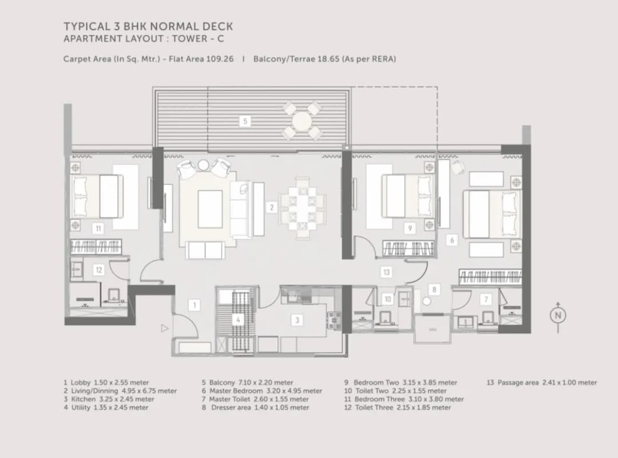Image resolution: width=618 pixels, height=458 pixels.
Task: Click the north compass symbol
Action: click(x=558, y=315)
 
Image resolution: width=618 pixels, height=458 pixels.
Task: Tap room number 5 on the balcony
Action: click(x=245, y=121)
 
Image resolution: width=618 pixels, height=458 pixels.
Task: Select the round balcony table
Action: click(x=302, y=121)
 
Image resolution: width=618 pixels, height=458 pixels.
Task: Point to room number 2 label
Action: click(x=272, y=207)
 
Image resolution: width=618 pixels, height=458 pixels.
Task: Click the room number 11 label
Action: click(x=98, y=228)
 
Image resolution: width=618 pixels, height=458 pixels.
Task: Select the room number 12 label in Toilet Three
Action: click(x=98, y=270)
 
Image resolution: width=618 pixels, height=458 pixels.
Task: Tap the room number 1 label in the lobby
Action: click(x=195, y=305)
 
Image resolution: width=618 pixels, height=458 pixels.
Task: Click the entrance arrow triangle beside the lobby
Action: click(x=165, y=329)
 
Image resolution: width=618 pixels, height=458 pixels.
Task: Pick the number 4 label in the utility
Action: click(x=238, y=320)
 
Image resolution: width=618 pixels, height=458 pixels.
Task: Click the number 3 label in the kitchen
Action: click(x=297, y=320)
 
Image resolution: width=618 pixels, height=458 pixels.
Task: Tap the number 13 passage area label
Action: click(x=386, y=272)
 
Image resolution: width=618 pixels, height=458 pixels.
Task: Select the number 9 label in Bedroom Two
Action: click(x=409, y=228)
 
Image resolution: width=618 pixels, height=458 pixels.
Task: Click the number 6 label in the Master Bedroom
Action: click(x=452, y=240)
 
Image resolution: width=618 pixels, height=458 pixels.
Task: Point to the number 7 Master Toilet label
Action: click(x=486, y=299)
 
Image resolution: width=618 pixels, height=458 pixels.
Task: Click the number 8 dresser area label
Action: click(x=434, y=290)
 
